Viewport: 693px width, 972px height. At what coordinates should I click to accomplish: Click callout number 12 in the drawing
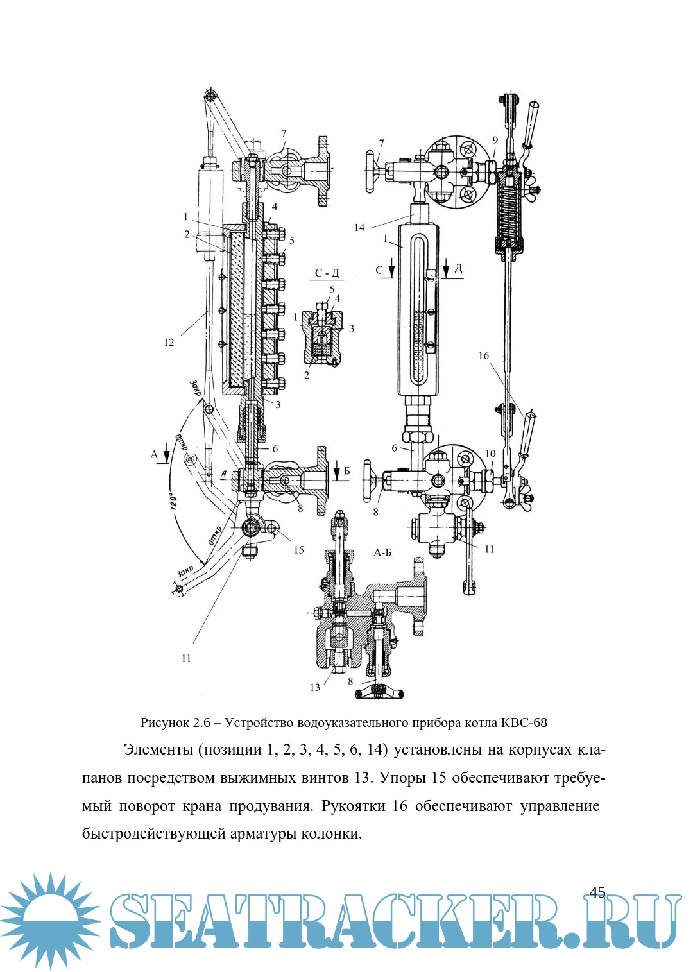tap(169, 343)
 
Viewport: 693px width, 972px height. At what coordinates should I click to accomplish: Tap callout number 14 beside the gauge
tap(359, 228)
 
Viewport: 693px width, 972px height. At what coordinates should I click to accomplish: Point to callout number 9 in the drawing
tap(495, 140)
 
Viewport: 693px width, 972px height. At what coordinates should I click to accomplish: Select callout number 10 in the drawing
tap(490, 454)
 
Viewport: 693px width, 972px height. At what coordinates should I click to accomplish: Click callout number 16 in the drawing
tap(483, 355)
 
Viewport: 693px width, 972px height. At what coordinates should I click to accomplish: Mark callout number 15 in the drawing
tap(298, 550)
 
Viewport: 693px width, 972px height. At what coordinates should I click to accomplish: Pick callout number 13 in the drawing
tap(314, 687)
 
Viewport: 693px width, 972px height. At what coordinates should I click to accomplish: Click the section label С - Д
tap(327, 273)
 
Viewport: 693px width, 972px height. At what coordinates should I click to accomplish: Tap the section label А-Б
tap(382, 552)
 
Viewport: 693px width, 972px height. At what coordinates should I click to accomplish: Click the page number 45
tap(597, 892)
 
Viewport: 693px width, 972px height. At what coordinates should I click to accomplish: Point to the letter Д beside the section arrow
tap(458, 268)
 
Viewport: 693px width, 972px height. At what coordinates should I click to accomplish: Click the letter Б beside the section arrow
tap(347, 472)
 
